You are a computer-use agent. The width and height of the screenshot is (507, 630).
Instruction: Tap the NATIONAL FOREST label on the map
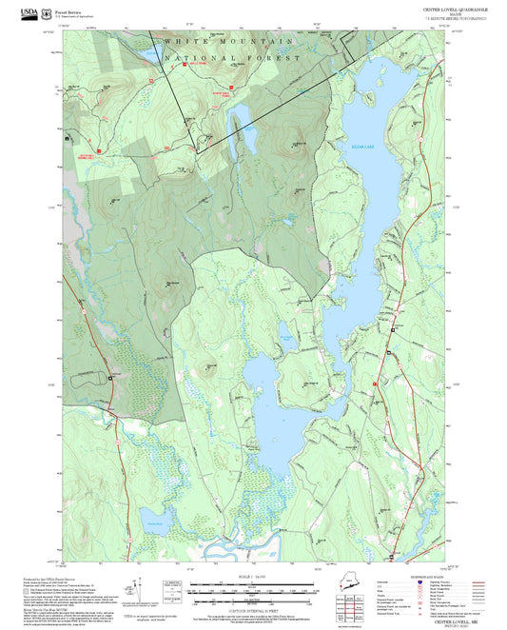(233, 58)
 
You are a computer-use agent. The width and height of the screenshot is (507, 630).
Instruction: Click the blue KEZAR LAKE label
(350, 148)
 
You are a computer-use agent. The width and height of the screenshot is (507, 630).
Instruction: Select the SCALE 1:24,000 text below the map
(253, 575)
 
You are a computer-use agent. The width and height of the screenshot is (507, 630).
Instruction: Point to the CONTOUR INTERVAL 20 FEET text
(253, 607)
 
